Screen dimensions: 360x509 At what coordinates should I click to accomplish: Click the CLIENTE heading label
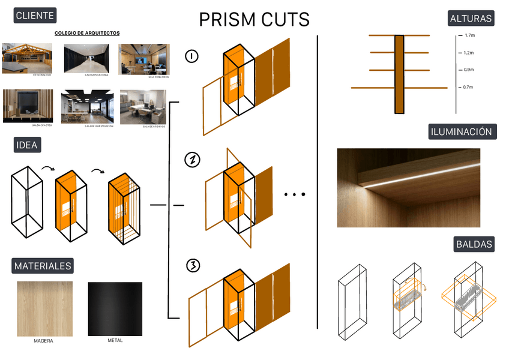tap(35, 16)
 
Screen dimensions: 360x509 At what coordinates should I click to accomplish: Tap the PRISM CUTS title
tap(254, 20)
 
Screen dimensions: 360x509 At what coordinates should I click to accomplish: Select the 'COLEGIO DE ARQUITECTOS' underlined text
tap(87, 33)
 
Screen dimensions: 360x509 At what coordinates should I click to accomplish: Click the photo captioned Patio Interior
tap(27, 58)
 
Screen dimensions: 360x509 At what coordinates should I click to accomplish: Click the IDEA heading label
tap(28, 145)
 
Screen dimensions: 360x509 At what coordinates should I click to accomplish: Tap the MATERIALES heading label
tap(43, 266)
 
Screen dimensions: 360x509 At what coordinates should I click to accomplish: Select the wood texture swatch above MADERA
tap(44, 310)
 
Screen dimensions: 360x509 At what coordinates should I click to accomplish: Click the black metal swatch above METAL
tap(115, 310)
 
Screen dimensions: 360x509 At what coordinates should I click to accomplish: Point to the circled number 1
tap(192, 57)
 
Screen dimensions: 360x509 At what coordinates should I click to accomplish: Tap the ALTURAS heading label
tap(471, 19)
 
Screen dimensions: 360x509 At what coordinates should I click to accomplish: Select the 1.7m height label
tap(469, 36)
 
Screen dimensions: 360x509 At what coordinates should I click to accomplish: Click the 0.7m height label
tap(468, 88)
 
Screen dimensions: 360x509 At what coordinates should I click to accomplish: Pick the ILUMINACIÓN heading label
tap(462, 132)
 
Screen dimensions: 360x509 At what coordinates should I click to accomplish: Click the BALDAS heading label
tap(474, 244)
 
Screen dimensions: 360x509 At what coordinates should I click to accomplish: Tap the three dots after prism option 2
tap(295, 194)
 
